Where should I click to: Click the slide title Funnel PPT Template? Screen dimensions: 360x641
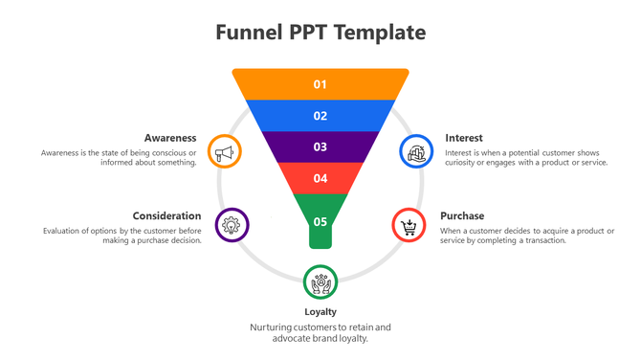tap(320, 33)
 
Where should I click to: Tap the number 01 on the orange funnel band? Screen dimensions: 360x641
tap(320, 84)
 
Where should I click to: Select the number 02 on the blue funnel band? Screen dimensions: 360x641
tap(320, 116)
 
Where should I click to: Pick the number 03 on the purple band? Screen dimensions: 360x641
tap(320, 146)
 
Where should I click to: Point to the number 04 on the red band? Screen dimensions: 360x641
tap(320, 178)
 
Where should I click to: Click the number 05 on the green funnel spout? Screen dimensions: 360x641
tap(320, 222)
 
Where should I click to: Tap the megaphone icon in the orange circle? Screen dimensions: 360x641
tap(224, 151)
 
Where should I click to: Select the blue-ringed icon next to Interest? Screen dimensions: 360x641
tap(415, 151)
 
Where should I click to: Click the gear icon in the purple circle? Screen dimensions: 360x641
tap(231, 225)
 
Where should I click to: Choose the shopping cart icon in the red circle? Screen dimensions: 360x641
tap(409, 226)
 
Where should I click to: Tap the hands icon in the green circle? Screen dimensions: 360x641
tap(320, 281)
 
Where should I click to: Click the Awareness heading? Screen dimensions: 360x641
tap(170, 138)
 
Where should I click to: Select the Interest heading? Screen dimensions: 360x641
tap(464, 138)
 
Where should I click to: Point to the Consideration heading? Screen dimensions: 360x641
tap(166, 215)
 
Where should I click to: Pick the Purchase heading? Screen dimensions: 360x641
tap(462, 215)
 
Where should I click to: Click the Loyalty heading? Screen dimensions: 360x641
tap(320, 311)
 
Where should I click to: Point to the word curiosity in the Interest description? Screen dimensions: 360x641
tap(464, 163)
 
